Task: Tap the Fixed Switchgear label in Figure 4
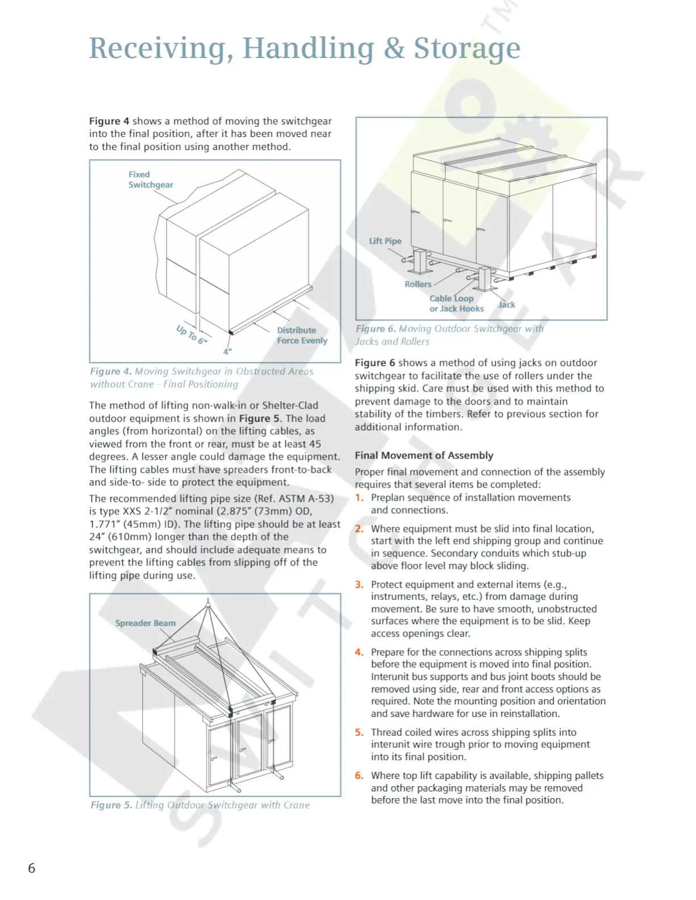150,180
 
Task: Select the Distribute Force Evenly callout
301,335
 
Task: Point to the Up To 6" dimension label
192,334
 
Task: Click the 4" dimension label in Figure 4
227,352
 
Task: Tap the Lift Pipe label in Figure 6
385,241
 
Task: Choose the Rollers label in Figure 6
418,284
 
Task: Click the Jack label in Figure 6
506,305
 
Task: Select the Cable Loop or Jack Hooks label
456,303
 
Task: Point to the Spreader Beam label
145,623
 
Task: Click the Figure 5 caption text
200,805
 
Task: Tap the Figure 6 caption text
449,335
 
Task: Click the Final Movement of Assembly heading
424,455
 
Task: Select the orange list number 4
359,652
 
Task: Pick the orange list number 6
359,776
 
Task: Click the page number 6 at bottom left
32,868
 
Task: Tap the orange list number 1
359,498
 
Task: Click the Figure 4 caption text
201,377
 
